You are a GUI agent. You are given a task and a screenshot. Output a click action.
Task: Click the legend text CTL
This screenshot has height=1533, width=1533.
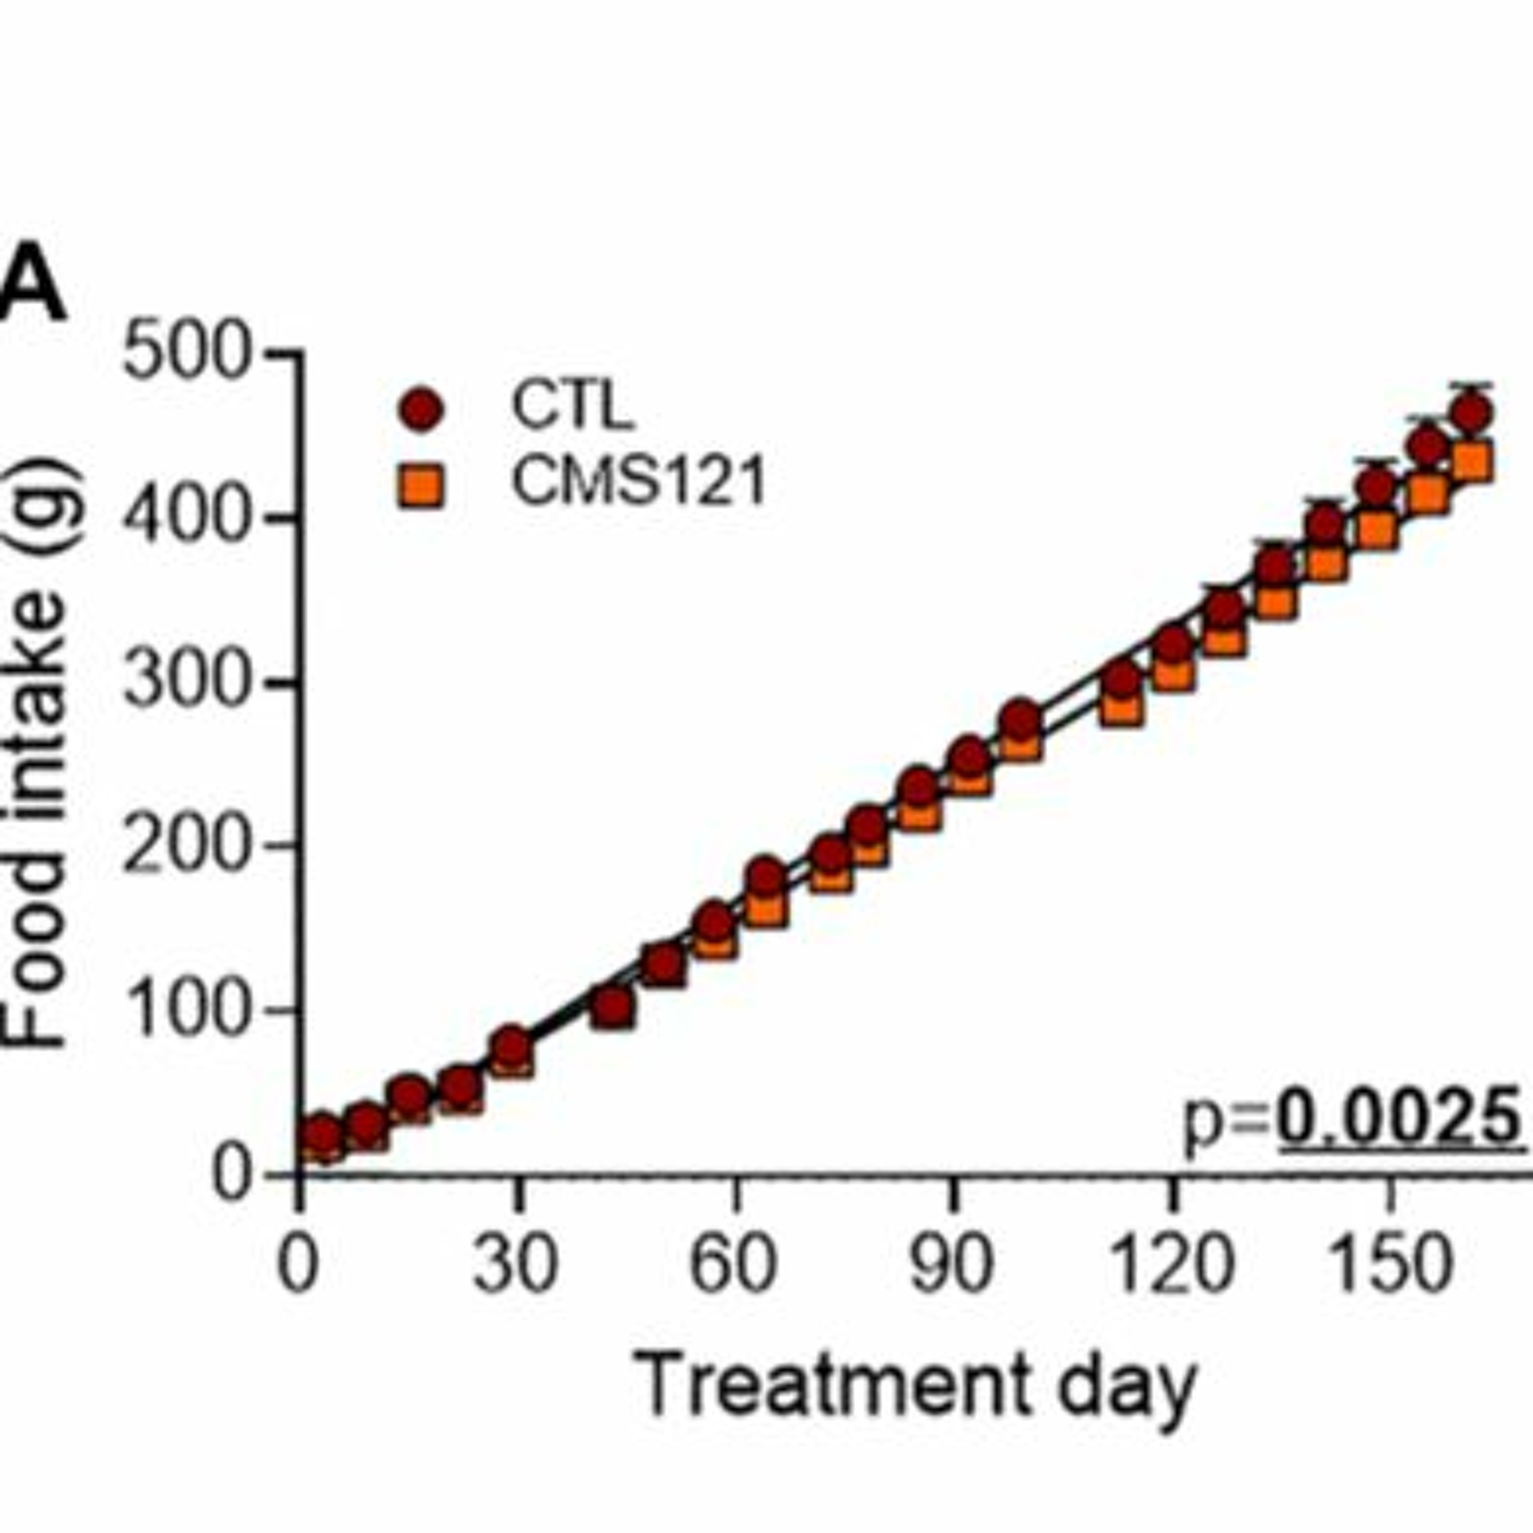click(572, 405)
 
